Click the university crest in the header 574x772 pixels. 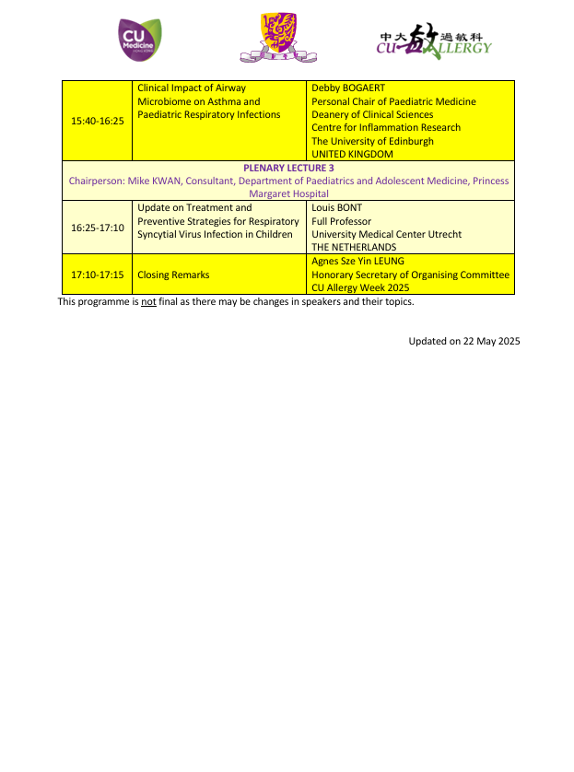[x=278, y=38]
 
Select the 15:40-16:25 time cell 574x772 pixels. [x=98, y=121]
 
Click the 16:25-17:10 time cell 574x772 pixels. [x=98, y=228]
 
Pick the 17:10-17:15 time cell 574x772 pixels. [x=98, y=275]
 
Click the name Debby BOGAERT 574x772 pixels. [x=348, y=88]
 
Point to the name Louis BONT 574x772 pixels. [x=337, y=208]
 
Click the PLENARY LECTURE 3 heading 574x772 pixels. [x=288, y=169]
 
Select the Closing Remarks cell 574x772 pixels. [x=173, y=275]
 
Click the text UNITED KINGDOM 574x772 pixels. [x=352, y=155]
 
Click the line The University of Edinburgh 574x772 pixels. [x=372, y=141]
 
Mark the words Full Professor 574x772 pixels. [x=341, y=221]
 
